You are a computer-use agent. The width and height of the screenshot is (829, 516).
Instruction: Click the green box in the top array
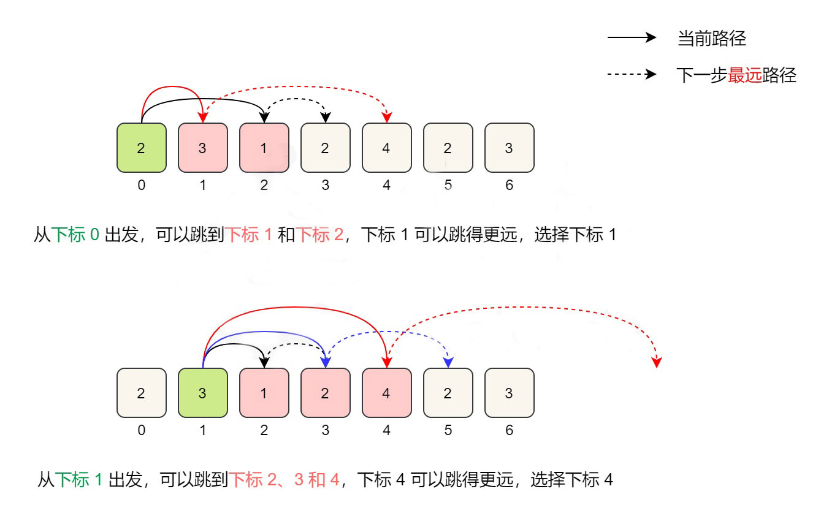click(142, 148)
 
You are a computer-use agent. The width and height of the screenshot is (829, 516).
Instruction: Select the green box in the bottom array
click(203, 393)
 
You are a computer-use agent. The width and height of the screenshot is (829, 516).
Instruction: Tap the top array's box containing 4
click(387, 148)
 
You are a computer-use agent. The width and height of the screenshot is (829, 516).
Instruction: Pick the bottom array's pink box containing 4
click(387, 393)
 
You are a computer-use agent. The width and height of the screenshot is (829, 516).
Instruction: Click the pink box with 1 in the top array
click(264, 148)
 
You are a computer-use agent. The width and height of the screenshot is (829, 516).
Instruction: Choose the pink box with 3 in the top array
click(203, 148)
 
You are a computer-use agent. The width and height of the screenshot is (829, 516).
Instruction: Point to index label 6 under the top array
click(510, 185)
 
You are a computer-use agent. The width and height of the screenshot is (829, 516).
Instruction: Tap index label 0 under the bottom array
click(142, 430)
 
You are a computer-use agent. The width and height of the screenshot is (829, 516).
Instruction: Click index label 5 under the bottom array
click(448, 430)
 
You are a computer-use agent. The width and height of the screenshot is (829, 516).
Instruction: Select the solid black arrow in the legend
click(632, 37)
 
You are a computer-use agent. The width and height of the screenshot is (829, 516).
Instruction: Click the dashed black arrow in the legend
click(632, 74)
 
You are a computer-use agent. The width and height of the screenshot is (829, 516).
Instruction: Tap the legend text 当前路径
click(712, 39)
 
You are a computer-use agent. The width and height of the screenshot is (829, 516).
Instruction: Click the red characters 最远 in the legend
click(744, 75)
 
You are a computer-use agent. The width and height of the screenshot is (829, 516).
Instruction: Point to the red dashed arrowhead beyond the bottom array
click(657, 362)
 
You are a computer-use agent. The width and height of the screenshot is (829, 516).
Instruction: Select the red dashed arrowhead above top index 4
click(387, 117)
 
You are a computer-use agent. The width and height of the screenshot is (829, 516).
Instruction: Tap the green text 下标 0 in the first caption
click(75, 235)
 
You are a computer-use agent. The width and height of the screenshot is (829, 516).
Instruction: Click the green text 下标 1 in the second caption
click(79, 480)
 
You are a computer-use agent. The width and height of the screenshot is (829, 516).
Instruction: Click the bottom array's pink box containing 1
click(264, 393)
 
